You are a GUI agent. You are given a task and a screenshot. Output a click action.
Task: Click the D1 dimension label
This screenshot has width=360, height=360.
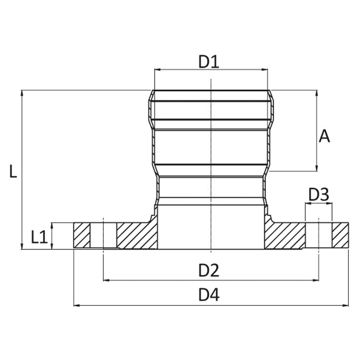click(x=208, y=62)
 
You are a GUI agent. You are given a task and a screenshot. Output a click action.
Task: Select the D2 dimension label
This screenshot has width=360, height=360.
click(x=208, y=270)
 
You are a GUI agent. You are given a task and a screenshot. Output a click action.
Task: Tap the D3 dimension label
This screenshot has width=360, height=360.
click(x=319, y=195)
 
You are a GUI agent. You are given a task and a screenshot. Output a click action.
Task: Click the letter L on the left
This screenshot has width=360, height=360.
click(x=13, y=171)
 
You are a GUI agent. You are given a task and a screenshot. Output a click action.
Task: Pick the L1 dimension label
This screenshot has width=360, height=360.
click(x=39, y=237)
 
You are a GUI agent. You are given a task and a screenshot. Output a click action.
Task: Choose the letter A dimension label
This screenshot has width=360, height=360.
click(x=324, y=136)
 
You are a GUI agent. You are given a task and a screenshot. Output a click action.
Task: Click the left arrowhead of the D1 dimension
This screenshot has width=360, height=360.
click(x=157, y=69)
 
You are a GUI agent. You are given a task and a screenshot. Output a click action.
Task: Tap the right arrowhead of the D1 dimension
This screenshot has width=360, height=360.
click(x=265, y=69)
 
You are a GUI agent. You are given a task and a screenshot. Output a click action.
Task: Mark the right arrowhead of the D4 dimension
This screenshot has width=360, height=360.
click(x=345, y=305)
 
